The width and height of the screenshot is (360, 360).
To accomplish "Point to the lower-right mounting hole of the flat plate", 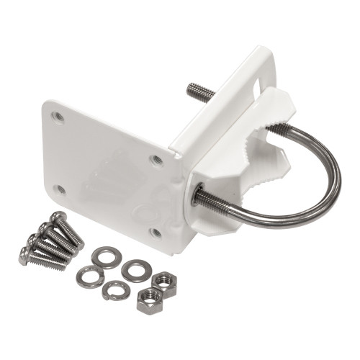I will pos(155,232).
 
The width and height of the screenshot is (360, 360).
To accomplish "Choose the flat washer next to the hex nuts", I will pos(135,271).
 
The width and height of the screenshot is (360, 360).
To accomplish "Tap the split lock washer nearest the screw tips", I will pos(90,276).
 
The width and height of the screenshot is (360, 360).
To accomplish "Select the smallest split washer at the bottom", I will pos(115,290).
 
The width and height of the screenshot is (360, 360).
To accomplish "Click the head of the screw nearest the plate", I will pos(57,217).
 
